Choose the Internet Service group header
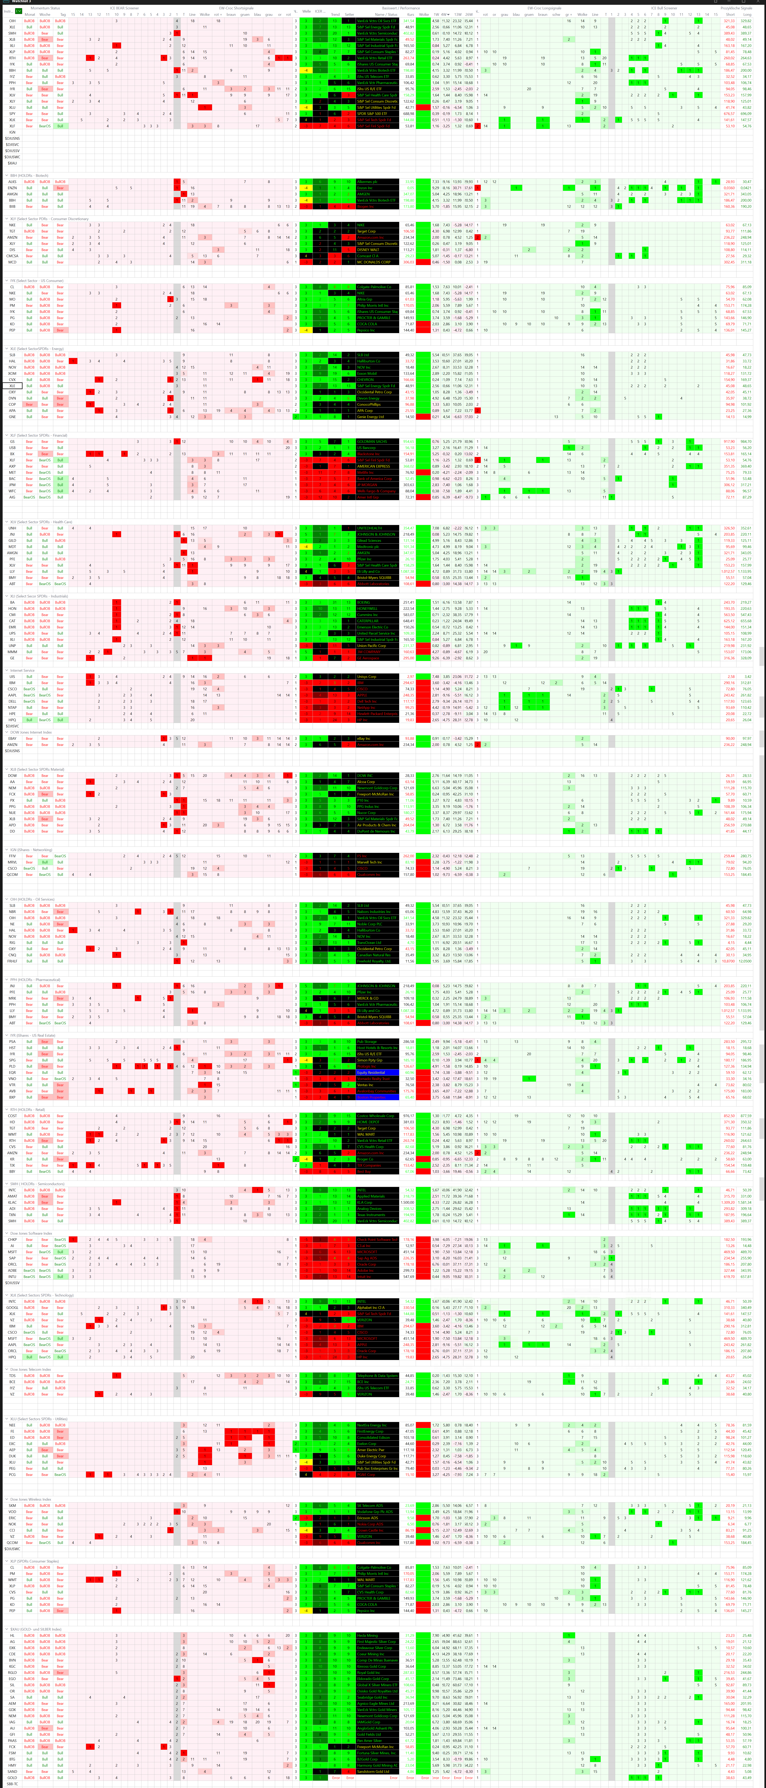[22, 670]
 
